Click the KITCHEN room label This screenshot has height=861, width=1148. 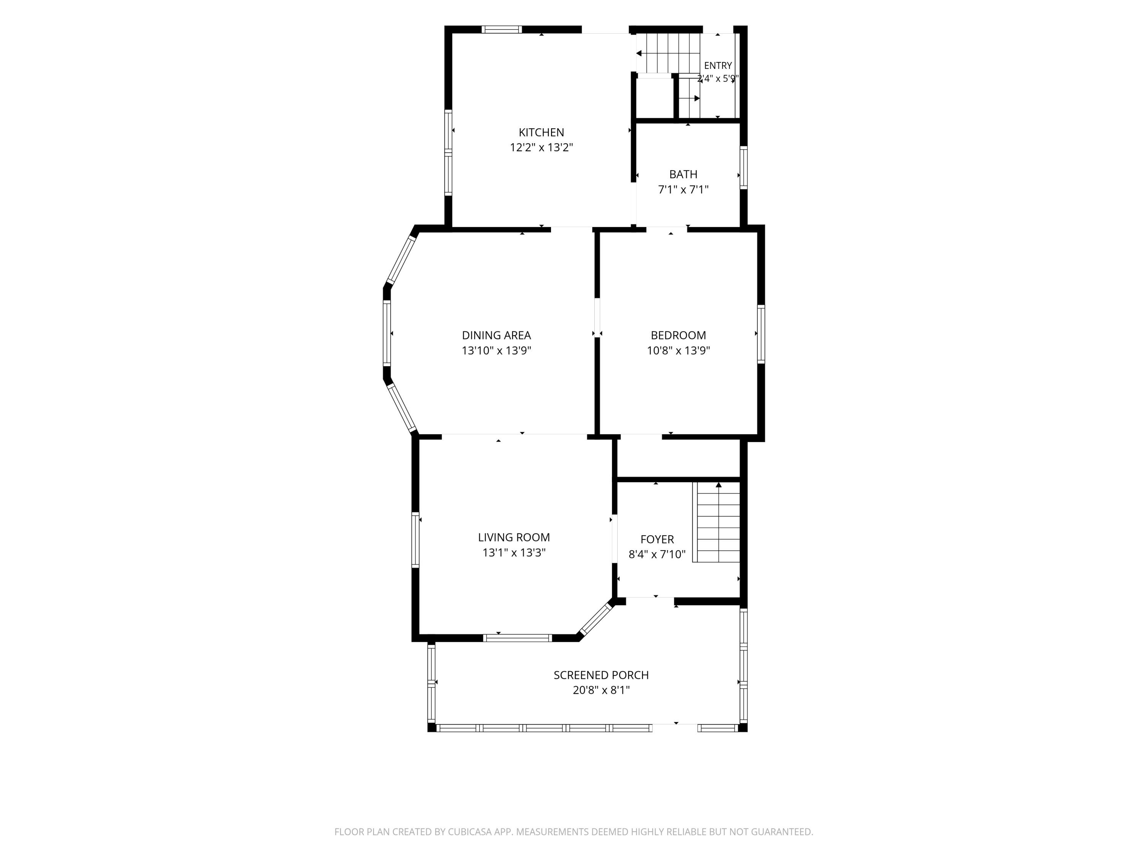click(541, 132)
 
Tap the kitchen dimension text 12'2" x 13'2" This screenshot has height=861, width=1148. click(541, 147)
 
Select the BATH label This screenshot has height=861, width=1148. click(683, 174)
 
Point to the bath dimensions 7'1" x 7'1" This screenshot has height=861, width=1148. click(683, 189)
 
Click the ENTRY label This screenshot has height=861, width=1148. click(718, 65)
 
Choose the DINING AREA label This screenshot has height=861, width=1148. click(496, 335)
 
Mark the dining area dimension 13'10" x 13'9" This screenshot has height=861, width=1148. click(496, 350)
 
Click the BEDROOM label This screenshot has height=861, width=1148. click(678, 335)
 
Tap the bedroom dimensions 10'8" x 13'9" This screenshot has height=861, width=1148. click(678, 350)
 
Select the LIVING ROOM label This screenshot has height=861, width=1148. click(514, 537)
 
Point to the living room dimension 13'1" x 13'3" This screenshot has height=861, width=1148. click(514, 552)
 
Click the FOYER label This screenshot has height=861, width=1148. click(657, 539)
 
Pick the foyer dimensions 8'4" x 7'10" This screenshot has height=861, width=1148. click(657, 554)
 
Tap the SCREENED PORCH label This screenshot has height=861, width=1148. click(601, 675)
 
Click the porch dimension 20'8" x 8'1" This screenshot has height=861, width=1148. click(601, 690)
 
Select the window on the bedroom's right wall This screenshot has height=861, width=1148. click(761, 334)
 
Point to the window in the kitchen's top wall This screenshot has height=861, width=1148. click(501, 29)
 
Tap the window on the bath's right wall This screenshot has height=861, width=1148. click(744, 167)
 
